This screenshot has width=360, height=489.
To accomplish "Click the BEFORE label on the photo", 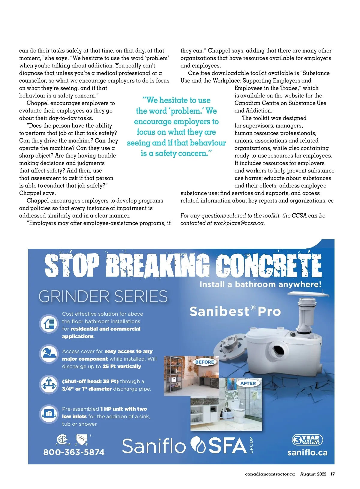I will point(205,362).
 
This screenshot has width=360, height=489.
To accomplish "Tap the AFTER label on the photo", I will point(248,383).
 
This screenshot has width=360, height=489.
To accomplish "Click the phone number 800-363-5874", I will point(74,452).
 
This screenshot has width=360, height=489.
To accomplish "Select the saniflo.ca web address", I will point(307,452).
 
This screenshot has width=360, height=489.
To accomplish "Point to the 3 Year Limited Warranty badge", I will point(307,440).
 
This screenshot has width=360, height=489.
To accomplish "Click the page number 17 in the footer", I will point(332,474).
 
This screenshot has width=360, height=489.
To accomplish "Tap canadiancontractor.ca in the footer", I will point(270,474).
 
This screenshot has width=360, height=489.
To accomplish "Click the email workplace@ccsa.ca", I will point(238,223).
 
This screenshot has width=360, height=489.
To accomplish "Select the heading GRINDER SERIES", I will point(103,296).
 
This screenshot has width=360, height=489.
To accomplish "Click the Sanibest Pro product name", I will point(235,311).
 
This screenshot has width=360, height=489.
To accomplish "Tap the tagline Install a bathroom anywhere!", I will point(260,284).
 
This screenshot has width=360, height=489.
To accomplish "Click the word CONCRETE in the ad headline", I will point(269,265).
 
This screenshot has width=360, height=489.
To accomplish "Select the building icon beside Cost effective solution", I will point(49,324).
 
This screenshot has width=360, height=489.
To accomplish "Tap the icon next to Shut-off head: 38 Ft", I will point(49,384).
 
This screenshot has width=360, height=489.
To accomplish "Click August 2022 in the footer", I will point(313,474).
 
